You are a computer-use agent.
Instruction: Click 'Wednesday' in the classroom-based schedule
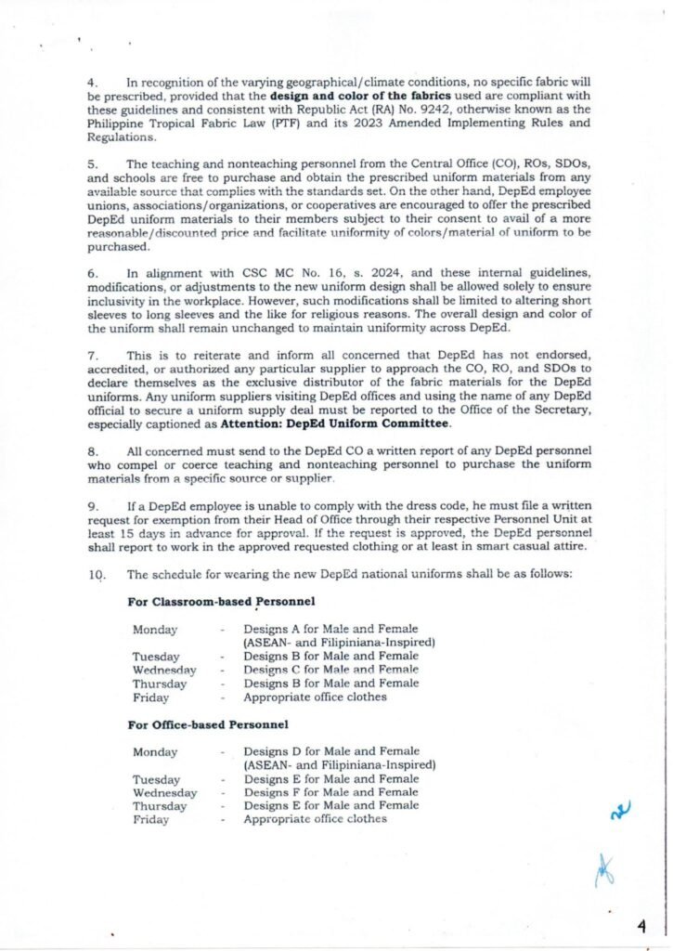164,670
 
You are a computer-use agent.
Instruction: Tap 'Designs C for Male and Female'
330,670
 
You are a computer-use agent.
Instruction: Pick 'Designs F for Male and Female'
330,792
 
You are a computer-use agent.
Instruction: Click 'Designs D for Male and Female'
330,750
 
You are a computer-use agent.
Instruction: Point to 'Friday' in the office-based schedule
150,819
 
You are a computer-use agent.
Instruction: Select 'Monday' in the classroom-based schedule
154,630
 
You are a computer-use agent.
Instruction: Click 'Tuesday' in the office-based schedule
156,779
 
